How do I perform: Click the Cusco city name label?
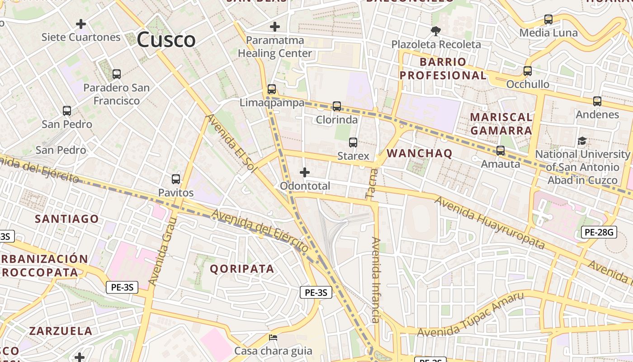pyautogui.click(x=166, y=40)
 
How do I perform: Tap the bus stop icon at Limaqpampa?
pyautogui.click(x=272, y=89)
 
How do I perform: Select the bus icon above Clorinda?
pyautogui.click(x=337, y=106)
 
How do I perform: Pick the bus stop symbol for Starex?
pyautogui.click(x=353, y=143)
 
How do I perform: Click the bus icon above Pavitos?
pyautogui.click(x=176, y=179)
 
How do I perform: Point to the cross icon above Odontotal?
pyautogui.click(x=305, y=172)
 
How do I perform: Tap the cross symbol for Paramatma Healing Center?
pyautogui.click(x=274, y=27)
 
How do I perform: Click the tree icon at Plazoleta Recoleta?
pyautogui.click(x=436, y=31)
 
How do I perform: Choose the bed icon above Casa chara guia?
pyautogui.click(x=273, y=338)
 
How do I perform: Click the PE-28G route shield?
pyautogui.click(x=599, y=233)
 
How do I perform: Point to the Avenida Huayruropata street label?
pyautogui.click(x=490, y=223)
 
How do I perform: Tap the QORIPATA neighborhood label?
pyautogui.click(x=242, y=269)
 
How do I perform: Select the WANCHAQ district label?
pyautogui.click(x=420, y=153)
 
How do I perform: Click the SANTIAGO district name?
pyautogui.click(x=67, y=219)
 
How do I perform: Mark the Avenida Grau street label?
pyautogui.click(x=162, y=252)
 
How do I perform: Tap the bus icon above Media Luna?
pyautogui.click(x=548, y=19)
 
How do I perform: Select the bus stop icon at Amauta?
pyautogui.click(x=501, y=151)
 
